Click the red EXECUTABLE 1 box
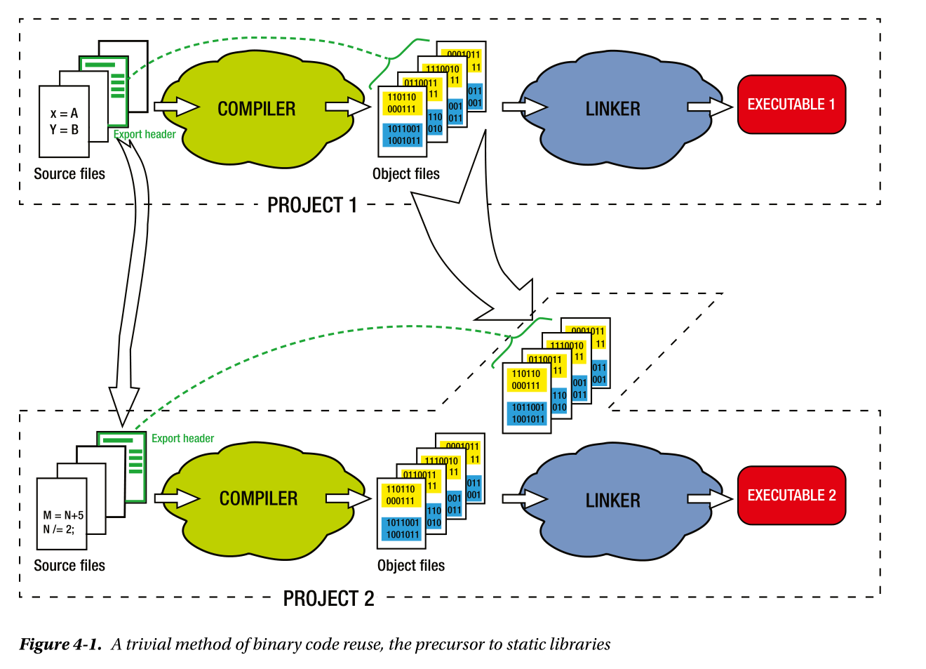[x=791, y=105]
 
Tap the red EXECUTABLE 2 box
[x=791, y=496]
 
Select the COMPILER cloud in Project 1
[x=257, y=109]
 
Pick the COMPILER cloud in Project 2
[x=258, y=498]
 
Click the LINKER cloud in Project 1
[x=613, y=109]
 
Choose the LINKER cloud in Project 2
[x=613, y=501]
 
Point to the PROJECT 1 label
[x=312, y=205]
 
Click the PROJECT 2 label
[x=328, y=599]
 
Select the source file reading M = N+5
[x=62, y=522]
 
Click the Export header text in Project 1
[x=145, y=134]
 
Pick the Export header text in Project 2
[x=182, y=439]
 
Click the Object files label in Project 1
[x=405, y=174]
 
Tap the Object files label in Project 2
[x=410, y=566]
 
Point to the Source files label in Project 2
[x=69, y=566]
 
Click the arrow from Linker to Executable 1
[x=710, y=107]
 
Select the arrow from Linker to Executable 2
[x=710, y=498]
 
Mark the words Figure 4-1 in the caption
[x=60, y=644]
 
